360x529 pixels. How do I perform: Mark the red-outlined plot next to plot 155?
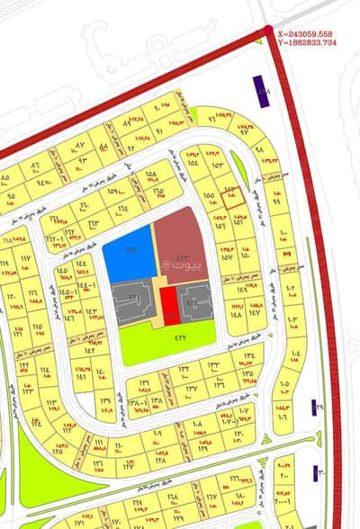point(232,196)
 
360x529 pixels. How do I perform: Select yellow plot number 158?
point(151,174)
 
